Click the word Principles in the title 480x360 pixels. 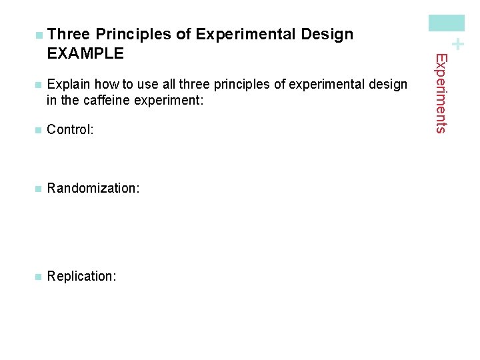[135, 35]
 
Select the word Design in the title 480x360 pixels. [327, 35]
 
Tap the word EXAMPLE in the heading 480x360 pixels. [85, 53]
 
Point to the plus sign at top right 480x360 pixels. [457, 44]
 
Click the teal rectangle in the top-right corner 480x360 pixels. [447, 23]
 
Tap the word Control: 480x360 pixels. [70, 130]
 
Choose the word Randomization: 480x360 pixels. [93, 189]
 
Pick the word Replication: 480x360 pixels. [81, 276]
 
